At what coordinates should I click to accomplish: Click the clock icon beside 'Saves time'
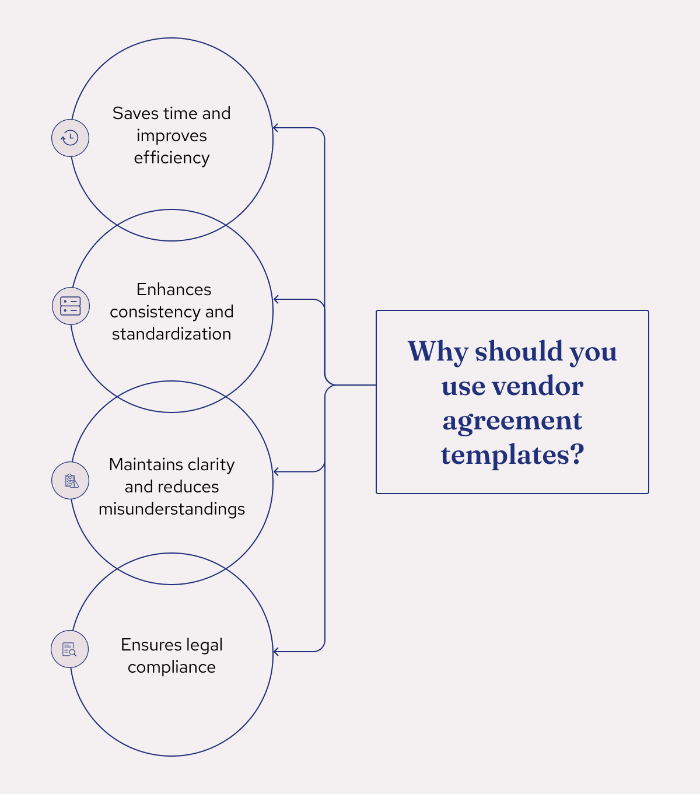click(70, 138)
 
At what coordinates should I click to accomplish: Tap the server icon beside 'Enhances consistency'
click(71, 306)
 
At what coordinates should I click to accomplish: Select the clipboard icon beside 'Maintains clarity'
click(71, 481)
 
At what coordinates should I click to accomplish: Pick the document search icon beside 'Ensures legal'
click(69, 649)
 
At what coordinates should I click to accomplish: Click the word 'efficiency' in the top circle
click(171, 158)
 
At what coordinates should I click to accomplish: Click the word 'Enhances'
click(174, 289)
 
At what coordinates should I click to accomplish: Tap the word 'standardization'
click(171, 334)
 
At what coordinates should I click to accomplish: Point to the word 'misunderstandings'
click(171, 509)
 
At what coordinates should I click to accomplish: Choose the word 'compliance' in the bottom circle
click(171, 667)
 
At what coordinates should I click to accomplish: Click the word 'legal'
click(205, 645)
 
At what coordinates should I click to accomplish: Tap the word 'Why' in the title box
click(437, 352)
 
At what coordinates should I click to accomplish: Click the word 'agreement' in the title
click(512, 421)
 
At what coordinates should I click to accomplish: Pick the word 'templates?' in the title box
click(512, 455)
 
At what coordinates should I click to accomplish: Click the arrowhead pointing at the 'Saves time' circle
click(276, 128)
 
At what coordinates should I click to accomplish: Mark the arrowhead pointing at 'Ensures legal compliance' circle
click(276, 652)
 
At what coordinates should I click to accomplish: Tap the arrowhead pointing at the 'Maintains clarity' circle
click(276, 471)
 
